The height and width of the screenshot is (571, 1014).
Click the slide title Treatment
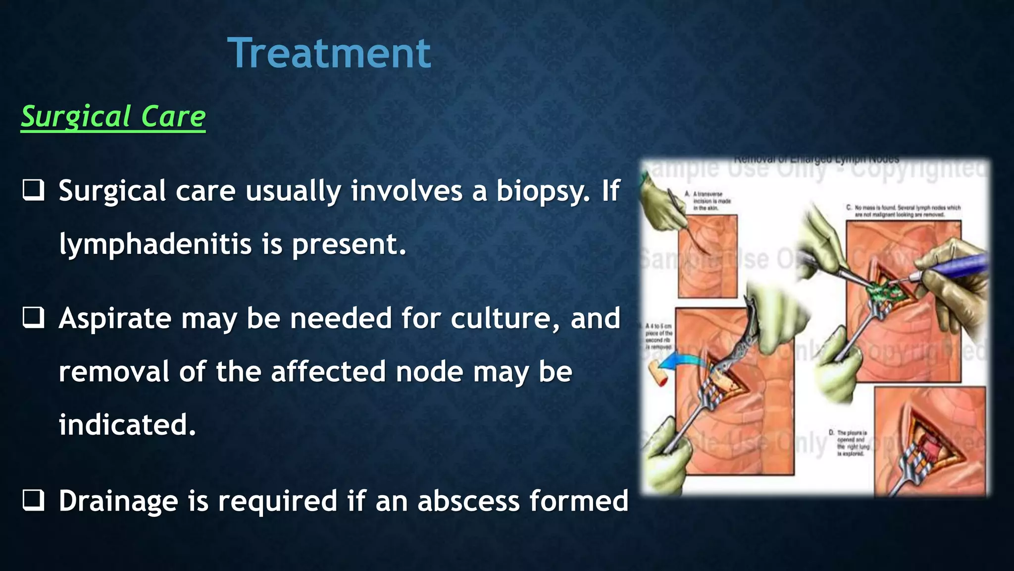(329, 54)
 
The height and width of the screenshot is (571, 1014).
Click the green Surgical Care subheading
(113, 117)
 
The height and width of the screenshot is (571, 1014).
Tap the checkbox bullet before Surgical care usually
(34, 190)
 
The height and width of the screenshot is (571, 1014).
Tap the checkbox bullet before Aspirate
(34, 318)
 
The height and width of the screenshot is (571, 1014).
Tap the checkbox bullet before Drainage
(34, 501)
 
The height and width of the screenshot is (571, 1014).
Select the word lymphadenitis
(155, 245)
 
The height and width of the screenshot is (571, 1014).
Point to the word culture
(505, 319)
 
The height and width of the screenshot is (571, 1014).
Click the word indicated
(127, 425)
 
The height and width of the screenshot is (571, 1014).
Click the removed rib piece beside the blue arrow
(658, 373)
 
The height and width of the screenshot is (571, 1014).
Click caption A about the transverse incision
(709, 201)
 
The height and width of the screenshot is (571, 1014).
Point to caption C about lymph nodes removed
(903, 211)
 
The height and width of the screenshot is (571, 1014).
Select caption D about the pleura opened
(850, 443)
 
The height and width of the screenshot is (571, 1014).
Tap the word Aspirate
(115, 319)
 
